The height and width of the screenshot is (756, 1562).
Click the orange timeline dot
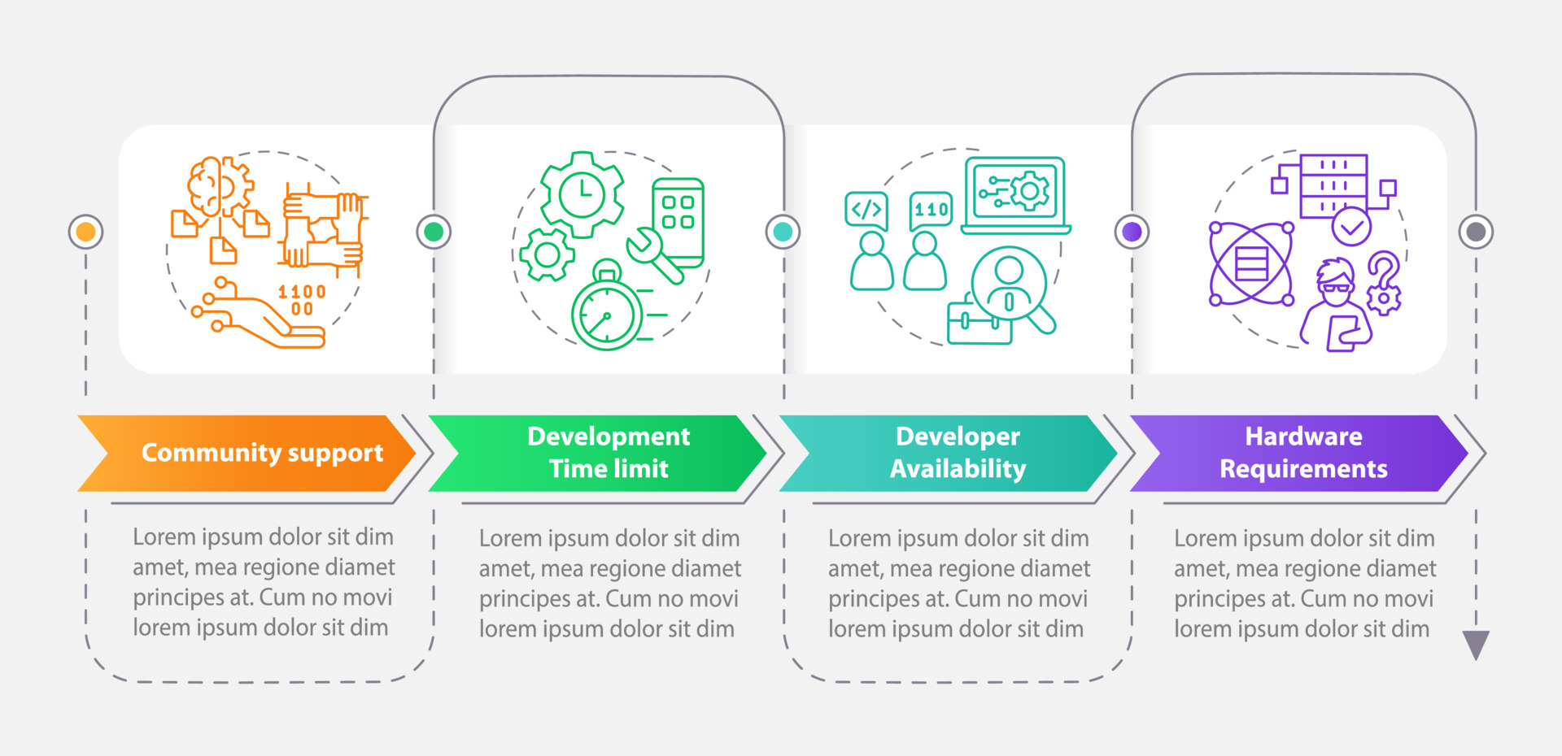[x=85, y=232]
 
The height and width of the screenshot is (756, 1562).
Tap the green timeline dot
[x=434, y=232]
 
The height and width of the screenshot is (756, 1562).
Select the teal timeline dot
[x=783, y=232]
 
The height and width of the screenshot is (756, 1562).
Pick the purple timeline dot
[x=1132, y=232]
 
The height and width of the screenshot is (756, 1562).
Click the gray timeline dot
[x=1476, y=232]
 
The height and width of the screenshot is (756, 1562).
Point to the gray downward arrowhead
[x=1476, y=644]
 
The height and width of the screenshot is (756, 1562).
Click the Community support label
[x=262, y=453]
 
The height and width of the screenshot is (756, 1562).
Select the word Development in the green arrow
[x=609, y=437]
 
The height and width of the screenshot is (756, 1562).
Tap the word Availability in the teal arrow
[x=958, y=469]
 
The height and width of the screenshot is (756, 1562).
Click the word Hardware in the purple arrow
[x=1303, y=437]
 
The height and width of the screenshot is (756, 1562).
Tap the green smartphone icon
[x=678, y=220]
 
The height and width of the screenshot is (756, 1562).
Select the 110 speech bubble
[x=931, y=211]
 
